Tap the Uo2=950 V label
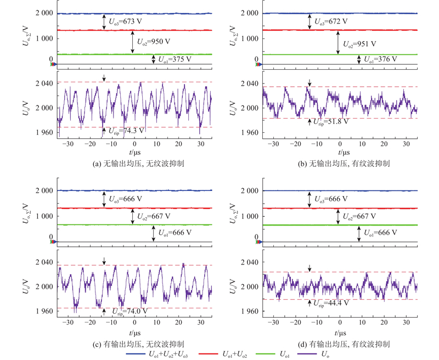(x=154, y=42)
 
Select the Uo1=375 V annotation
(x=175, y=59)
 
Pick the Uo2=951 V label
(x=359, y=44)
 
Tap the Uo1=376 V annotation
(x=380, y=59)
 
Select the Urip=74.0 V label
(x=130, y=312)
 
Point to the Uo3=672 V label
(x=331, y=21)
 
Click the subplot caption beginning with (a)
(x=138, y=164)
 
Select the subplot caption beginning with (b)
(x=344, y=164)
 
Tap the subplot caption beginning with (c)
(x=138, y=344)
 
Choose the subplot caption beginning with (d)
(x=344, y=344)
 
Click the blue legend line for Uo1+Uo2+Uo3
(x=136, y=354)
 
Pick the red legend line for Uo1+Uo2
(x=209, y=354)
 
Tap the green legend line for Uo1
(x=266, y=354)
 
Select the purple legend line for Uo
(x=307, y=354)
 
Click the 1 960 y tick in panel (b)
(x=250, y=132)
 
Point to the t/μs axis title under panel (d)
(x=340, y=333)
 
